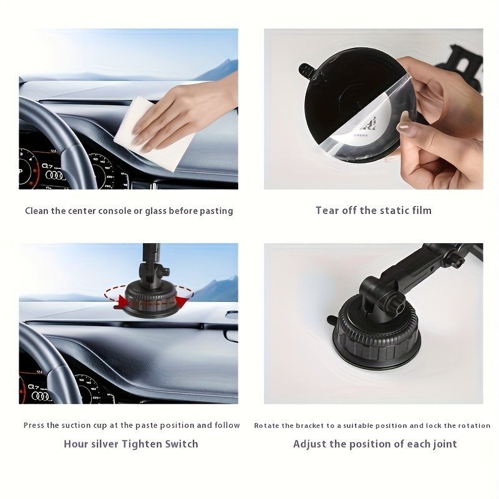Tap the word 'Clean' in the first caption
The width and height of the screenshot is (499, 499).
click(x=37, y=211)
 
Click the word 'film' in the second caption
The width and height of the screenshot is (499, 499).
click(x=422, y=210)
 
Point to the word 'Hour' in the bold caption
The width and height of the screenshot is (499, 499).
click(x=75, y=444)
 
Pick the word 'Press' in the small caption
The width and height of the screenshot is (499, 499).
click(x=34, y=425)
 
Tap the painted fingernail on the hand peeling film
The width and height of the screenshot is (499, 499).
click(x=403, y=127)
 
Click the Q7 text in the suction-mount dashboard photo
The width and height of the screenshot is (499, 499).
click(x=33, y=387)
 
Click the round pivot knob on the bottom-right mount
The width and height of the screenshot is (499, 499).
click(x=397, y=306)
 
